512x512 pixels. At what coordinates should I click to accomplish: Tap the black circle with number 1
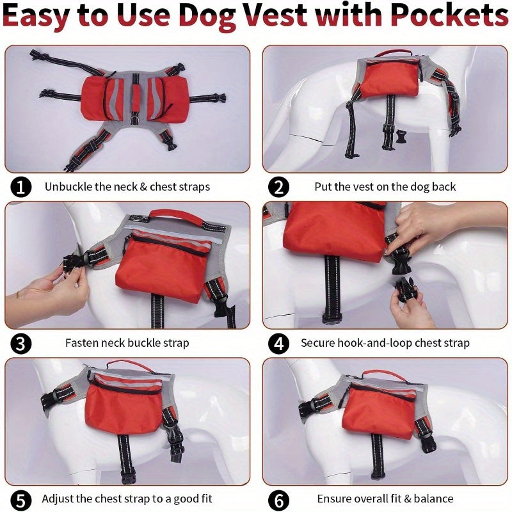(20, 187)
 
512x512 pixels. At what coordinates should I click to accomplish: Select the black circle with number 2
(278, 187)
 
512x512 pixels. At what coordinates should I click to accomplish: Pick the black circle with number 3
(20, 344)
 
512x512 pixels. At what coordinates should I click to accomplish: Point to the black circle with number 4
(278, 344)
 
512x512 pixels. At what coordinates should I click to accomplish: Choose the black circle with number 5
(20, 500)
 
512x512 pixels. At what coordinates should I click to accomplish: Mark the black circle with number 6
(278, 500)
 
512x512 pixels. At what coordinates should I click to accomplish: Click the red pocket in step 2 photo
(391, 78)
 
